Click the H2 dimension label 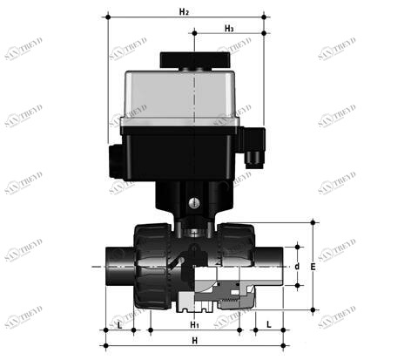183,11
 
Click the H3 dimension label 228,28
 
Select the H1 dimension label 195,325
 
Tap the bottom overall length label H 195,340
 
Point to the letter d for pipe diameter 296,266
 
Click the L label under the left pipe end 119,324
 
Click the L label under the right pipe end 269,324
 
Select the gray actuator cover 183,96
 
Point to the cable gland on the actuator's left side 112,157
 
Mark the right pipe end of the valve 270,265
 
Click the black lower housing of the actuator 183,153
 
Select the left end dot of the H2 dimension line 107,17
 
